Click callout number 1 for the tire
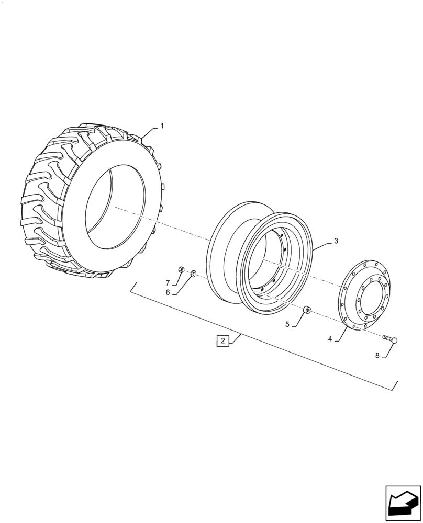pyautogui.click(x=162, y=126)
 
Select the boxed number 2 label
pyautogui.click(x=222, y=341)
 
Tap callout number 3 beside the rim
pyautogui.click(x=336, y=241)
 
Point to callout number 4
pyautogui.click(x=330, y=339)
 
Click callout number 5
pyautogui.click(x=287, y=324)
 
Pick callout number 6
pyautogui.click(x=168, y=292)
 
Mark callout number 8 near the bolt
pyautogui.click(x=377, y=355)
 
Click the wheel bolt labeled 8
pyautogui.click(x=391, y=341)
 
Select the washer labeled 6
pyautogui.click(x=193, y=272)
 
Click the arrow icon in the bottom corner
pyautogui.click(x=403, y=503)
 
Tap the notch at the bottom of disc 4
pyautogui.click(x=354, y=327)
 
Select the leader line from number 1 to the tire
pyautogui.click(x=148, y=132)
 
